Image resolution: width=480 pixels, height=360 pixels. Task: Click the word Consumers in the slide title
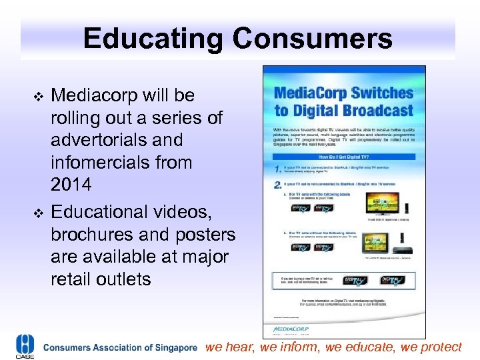tap(312, 39)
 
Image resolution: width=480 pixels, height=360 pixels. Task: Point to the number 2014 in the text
tap(73, 185)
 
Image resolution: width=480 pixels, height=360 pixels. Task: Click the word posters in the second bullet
tap(200, 235)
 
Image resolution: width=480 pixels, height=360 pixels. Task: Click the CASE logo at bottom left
tap(25, 346)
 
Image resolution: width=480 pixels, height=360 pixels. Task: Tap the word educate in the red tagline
tap(371, 347)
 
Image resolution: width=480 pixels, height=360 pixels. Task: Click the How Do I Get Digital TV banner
tap(343, 151)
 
